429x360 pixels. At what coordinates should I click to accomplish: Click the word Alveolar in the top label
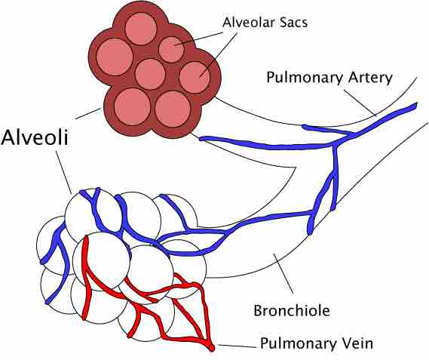click(248, 22)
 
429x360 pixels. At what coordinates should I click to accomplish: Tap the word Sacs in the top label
click(293, 22)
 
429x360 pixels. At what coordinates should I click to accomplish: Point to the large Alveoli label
click(34, 137)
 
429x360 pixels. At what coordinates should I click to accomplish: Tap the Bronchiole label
click(292, 311)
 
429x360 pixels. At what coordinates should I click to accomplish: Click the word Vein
click(357, 343)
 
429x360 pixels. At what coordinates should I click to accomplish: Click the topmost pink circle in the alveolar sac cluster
click(141, 29)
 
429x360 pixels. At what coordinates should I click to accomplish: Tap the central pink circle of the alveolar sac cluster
click(150, 74)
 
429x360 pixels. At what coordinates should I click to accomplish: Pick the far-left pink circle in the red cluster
click(115, 57)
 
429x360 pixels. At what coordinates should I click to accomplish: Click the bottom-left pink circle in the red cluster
click(133, 107)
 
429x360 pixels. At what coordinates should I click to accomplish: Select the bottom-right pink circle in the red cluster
click(173, 109)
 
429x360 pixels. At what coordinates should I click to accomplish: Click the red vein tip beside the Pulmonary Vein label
click(212, 348)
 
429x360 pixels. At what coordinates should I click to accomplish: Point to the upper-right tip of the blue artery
click(416, 104)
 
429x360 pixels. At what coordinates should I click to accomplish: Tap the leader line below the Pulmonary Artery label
click(360, 103)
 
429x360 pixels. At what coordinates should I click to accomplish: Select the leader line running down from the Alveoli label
click(64, 172)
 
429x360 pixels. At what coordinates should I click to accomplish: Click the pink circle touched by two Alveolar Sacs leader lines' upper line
click(172, 50)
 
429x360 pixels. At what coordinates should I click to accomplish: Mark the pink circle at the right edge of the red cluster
click(195, 77)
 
